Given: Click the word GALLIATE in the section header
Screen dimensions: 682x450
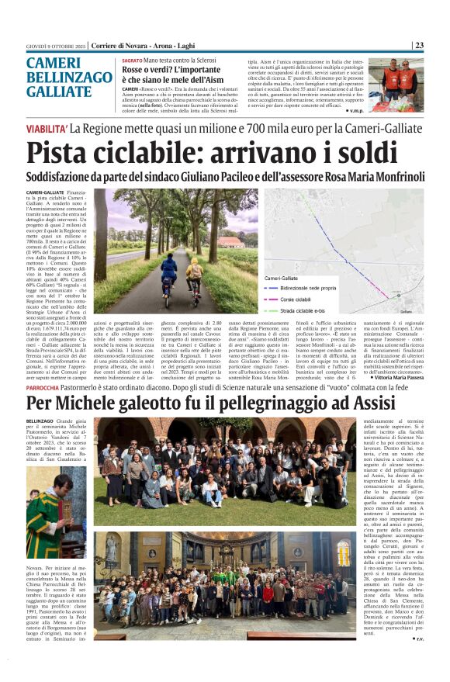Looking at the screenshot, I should [x=59, y=92].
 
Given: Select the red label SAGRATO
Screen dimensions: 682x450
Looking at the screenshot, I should [x=132, y=61].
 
